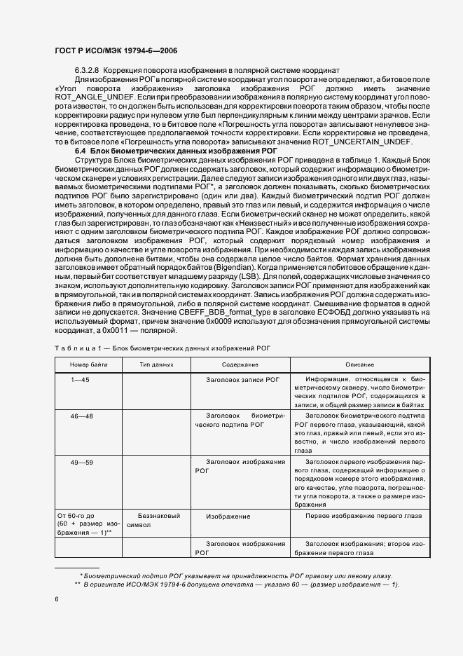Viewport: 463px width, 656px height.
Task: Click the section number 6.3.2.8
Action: click(88, 71)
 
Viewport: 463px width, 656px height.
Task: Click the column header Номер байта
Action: click(88, 365)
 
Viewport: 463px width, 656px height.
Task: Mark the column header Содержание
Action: click(240, 365)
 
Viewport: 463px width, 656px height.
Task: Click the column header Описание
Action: click(359, 365)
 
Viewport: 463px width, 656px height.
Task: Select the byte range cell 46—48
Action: click(81, 416)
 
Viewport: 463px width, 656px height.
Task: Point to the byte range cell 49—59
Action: click(81, 462)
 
